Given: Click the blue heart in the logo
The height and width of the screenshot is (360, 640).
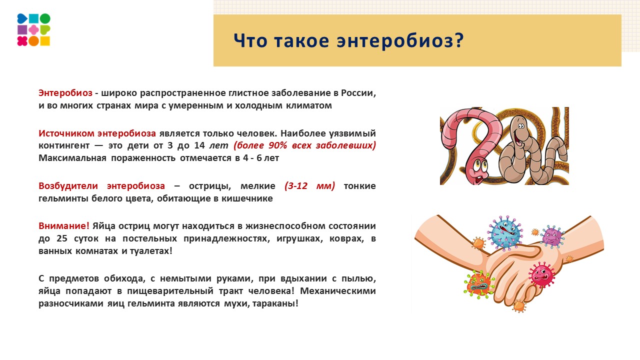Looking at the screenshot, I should coord(22,19).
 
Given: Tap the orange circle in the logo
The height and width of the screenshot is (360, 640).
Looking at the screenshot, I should coord(33,41).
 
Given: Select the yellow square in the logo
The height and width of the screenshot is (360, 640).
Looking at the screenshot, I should coord(45,41).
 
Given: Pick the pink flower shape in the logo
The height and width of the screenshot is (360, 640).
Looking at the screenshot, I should coord(33,30).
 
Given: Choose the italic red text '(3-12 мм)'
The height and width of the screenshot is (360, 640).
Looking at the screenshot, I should coord(309,186).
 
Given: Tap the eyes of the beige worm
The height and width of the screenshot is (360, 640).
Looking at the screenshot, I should coord(519,121).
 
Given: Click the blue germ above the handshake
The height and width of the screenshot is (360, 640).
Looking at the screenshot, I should coord(506,233).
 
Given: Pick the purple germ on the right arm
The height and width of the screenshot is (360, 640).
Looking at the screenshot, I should coord(551,236).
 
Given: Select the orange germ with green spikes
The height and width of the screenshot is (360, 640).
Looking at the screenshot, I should coord(479,284).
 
